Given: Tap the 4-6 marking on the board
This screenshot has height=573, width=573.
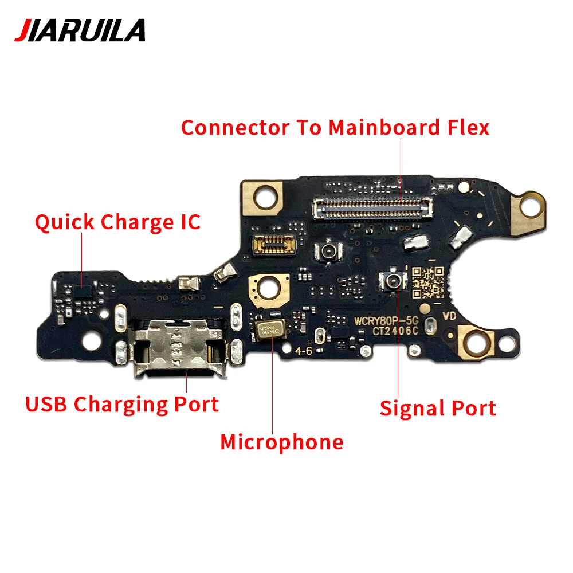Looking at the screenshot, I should (x=304, y=351).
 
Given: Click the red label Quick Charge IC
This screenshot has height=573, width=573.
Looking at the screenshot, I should (x=117, y=222).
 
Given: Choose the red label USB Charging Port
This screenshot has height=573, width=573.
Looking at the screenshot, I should (x=122, y=404).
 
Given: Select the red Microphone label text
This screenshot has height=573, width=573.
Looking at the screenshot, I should (x=282, y=442).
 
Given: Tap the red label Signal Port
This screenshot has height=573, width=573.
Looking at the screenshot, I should (x=438, y=408).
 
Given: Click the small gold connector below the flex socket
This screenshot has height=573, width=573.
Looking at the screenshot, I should (x=274, y=244).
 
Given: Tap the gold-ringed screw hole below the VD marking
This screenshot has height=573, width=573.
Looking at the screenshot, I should (x=475, y=343).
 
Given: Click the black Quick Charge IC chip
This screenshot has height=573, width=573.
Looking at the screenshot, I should (x=84, y=291).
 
